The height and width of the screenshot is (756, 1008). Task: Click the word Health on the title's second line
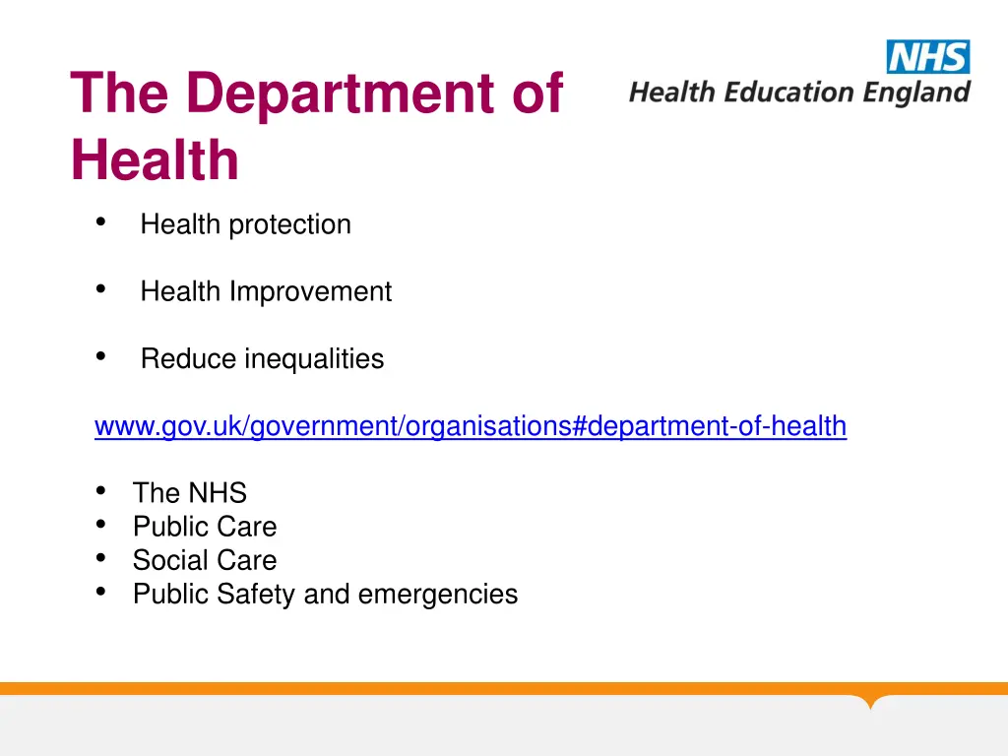155,161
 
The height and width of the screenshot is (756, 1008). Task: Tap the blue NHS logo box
928,57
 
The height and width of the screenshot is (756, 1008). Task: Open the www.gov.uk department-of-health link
470,426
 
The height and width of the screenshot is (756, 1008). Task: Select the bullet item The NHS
189,493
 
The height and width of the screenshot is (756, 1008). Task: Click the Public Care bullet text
205,527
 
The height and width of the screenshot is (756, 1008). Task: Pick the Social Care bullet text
205,560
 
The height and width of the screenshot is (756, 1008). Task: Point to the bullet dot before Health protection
100,222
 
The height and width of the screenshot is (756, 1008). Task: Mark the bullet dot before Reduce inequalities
100,356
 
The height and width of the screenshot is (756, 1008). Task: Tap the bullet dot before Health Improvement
100,289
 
